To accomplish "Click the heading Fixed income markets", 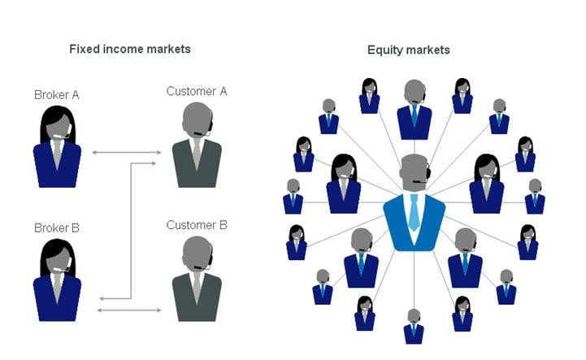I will (130, 49).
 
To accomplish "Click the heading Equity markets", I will (408, 50).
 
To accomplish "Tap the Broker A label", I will (56, 95).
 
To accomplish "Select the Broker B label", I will (56, 228).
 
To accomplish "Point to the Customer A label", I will (196, 91).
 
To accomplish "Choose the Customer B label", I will (196, 224).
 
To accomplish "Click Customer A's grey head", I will (196, 119).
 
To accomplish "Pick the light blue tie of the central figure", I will (414, 213).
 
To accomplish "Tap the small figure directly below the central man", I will (414, 326).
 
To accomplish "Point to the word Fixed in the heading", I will (84, 49).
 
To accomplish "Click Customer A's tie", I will (196, 153).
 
